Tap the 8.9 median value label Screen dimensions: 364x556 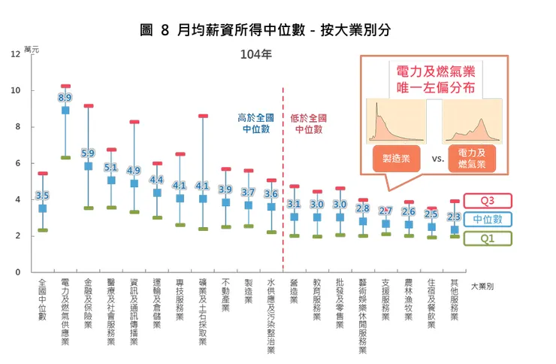click(x=65, y=98)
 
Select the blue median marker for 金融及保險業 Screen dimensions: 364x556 click(x=89, y=166)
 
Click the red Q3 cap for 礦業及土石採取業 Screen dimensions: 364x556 click(x=203, y=116)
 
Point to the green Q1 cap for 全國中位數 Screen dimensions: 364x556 click(x=43, y=230)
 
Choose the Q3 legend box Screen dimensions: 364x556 click(x=487, y=201)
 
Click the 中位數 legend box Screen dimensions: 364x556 click(x=487, y=220)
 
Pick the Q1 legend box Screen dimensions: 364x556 click(x=487, y=238)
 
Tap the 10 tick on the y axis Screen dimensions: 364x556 click(x=16, y=91)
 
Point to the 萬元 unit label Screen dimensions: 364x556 click(x=32, y=49)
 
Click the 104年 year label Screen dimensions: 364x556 click(x=256, y=54)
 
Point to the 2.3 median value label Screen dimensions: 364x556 click(x=454, y=217)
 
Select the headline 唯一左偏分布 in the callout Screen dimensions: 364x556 click(x=435, y=88)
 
